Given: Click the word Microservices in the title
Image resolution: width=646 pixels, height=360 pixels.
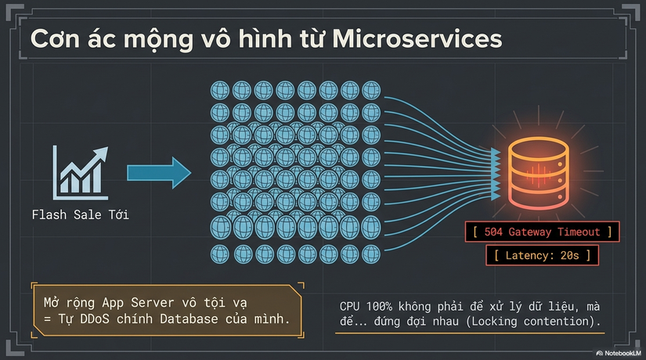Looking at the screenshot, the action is pos(417,39).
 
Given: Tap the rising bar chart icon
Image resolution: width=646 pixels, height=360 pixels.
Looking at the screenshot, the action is pos(81,173).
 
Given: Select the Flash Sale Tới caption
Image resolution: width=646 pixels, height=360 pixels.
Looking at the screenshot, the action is pos(81,214).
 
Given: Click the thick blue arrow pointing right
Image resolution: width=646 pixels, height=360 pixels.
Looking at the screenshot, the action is pos(159,173).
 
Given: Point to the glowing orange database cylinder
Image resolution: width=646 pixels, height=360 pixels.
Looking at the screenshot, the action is pos(539,174).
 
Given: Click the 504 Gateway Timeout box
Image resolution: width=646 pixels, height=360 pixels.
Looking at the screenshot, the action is pos(542,232).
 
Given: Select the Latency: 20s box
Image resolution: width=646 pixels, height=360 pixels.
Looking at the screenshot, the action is pos(542,255).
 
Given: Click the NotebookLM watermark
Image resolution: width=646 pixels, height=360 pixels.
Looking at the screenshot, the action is pos(619,353).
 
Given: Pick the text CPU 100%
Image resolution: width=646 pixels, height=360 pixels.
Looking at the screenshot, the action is pos(366,307).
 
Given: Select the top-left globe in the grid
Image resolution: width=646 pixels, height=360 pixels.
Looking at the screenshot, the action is pos(220,90).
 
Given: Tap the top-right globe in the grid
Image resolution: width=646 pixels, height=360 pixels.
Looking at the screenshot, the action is pos(371,90).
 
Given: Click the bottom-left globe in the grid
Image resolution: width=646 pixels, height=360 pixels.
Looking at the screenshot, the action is pos(220,254).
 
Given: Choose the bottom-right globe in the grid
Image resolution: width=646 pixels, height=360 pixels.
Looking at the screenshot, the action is pos(371,254).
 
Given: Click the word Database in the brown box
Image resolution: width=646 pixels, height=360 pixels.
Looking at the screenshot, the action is pos(189,319).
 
